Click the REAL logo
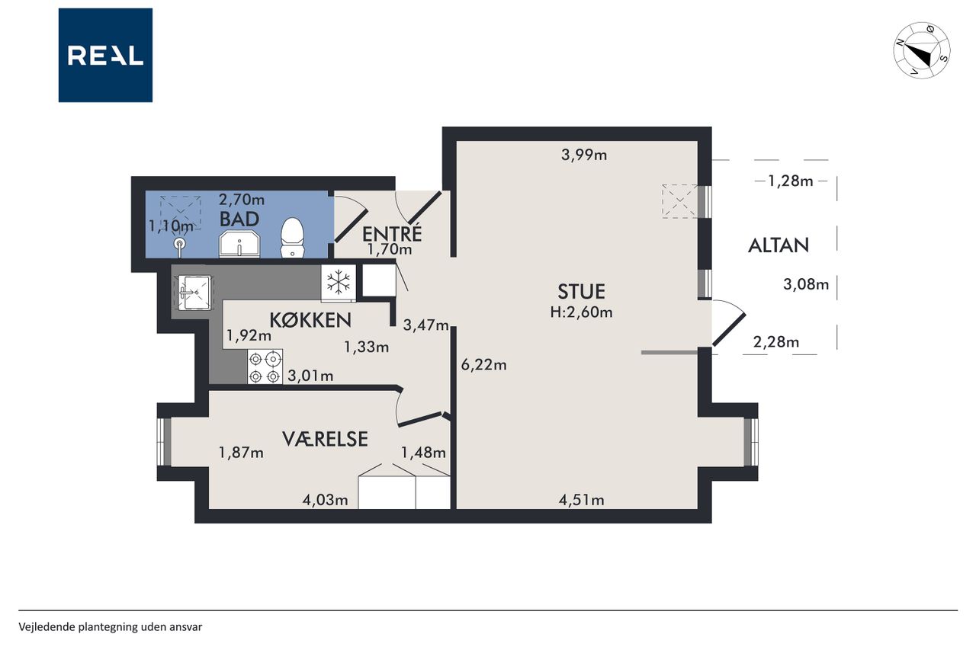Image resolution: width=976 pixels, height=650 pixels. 105,56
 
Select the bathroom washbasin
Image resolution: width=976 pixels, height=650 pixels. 239,245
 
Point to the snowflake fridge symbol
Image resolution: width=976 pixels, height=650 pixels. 339,283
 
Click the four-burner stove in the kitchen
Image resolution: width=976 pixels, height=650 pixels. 265,367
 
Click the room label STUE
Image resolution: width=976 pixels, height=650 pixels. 581,292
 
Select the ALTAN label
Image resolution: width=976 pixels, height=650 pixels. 779,245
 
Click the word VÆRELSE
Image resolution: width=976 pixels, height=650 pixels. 325,439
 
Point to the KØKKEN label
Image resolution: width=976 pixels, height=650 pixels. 310,321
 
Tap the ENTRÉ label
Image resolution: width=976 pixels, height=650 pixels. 392,234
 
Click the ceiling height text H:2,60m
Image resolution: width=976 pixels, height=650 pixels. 581,312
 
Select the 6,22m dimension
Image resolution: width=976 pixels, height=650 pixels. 483,365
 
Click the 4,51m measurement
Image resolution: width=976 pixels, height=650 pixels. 581,500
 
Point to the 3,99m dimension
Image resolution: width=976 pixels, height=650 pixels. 584,155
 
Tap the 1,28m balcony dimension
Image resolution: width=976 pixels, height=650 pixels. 791,181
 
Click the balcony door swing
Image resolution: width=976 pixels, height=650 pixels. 729,322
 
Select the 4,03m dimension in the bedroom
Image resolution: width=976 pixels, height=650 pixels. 325,500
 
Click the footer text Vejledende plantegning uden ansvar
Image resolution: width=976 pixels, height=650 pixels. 111,627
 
